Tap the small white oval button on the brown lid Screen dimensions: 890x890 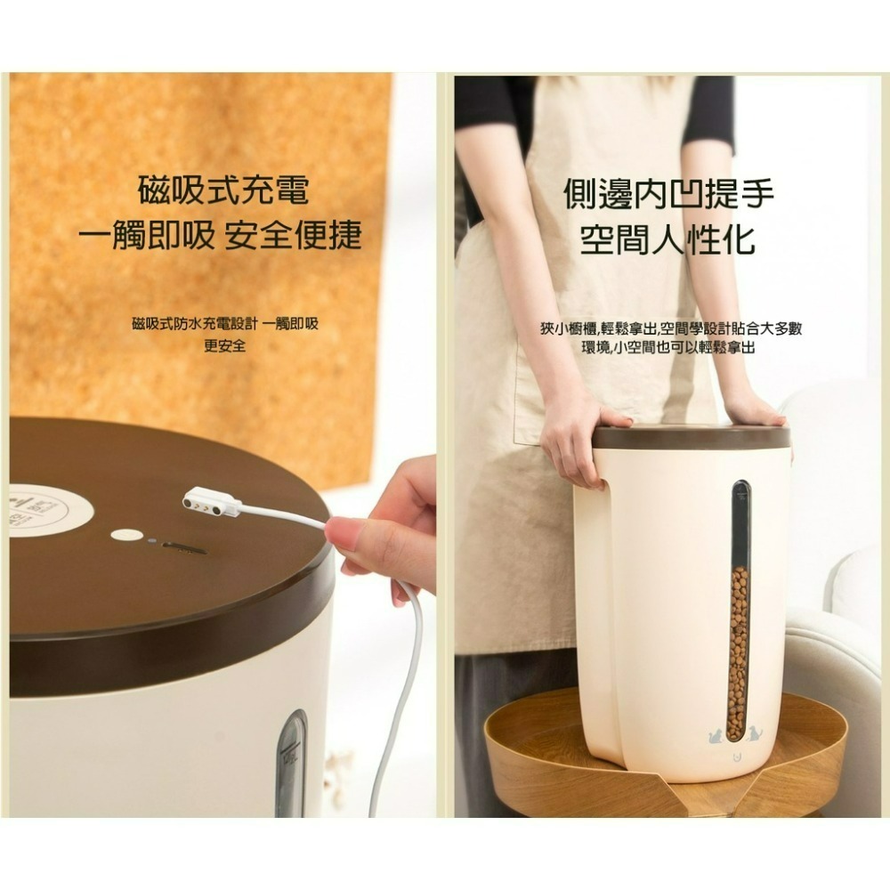[125, 536]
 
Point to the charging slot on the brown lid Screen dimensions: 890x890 [184, 547]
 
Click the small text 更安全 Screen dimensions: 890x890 [224, 345]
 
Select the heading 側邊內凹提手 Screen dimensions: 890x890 [668, 194]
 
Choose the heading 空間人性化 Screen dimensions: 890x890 [668, 239]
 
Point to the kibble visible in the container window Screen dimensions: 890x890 [738, 650]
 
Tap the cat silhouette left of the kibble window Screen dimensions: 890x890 [716, 734]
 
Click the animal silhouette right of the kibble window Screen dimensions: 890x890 [756, 734]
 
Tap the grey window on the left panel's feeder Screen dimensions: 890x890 [290, 765]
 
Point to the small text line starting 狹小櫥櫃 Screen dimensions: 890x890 [671, 328]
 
